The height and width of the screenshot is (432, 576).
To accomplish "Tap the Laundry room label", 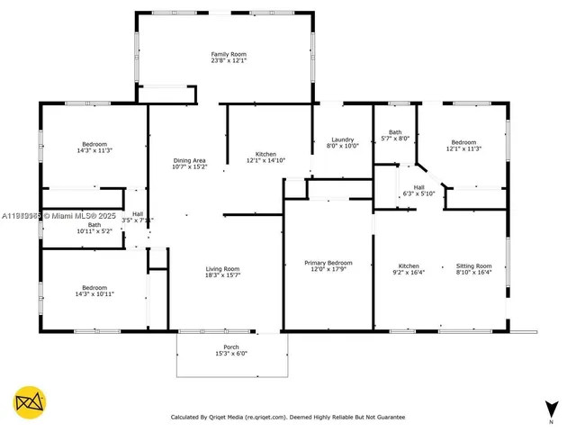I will click(x=342, y=139).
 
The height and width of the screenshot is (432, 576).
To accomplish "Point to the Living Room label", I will click(x=222, y=268).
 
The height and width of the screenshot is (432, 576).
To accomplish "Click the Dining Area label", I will click(x=190, y=160).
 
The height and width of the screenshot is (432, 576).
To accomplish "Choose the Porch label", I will click(x=231, y=346).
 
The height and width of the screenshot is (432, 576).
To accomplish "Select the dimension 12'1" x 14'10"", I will click(x=265, y=160).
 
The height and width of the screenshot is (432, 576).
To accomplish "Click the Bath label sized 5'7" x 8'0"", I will click(x=394, y=132).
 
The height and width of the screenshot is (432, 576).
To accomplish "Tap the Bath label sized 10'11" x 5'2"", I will click(x=94, y=224).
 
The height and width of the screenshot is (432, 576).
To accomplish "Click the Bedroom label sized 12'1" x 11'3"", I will click(x=463, y=142).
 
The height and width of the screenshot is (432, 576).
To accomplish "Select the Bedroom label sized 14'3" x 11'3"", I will click(x=94, y=144).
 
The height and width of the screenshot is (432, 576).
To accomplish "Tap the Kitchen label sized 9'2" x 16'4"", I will click(x=409, y=265).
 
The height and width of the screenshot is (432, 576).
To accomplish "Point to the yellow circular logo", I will click(x=30, y=402).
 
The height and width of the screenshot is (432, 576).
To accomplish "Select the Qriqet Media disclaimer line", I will click(x=288, y=417).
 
